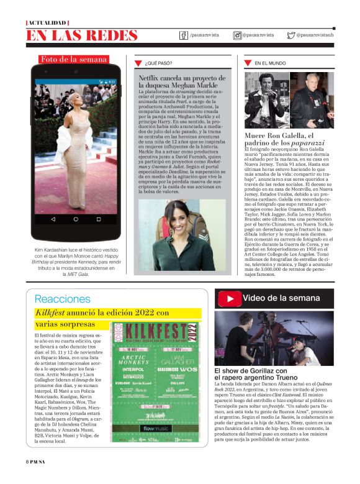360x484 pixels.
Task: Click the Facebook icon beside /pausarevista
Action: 184,35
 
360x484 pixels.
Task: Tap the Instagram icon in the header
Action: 237,35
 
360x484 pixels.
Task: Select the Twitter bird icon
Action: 291,35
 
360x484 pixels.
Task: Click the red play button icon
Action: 230,298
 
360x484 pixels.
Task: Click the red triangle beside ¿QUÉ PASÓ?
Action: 138,63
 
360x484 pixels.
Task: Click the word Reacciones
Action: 62,299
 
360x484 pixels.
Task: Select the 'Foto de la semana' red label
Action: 74,60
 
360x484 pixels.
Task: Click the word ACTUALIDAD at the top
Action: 47,23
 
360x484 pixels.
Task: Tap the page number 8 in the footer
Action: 27,478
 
